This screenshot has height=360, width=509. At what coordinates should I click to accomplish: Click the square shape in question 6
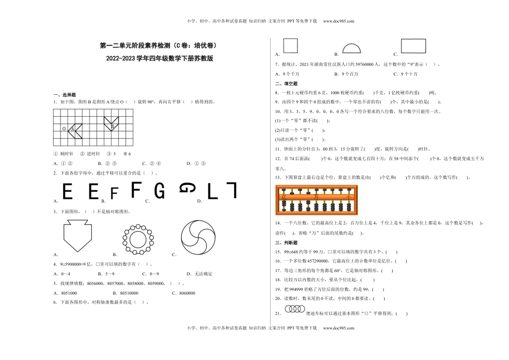(290, 46)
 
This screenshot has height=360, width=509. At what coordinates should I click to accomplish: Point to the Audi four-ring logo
(294, 309)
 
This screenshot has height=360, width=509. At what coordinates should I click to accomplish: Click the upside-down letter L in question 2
(230, 190)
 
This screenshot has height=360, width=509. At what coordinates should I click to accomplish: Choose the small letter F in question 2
(114, 193)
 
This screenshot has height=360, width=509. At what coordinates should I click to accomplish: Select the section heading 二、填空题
(286, 84)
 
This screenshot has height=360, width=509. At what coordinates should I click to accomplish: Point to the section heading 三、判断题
(286, 243)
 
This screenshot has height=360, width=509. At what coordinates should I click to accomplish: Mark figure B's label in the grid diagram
(113, 127)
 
